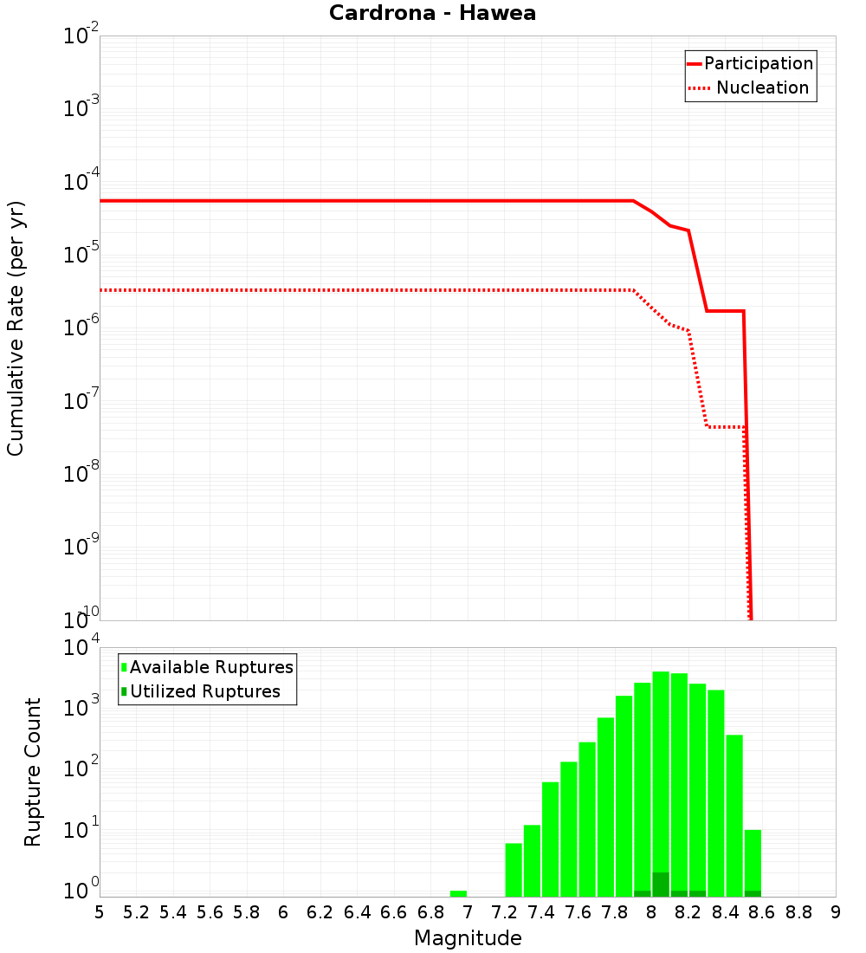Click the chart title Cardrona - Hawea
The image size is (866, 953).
(432, 14)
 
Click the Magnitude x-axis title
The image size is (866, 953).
(468, 938)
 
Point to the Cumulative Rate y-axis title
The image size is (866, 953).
(16, 327)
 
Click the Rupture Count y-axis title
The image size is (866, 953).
(33, 771)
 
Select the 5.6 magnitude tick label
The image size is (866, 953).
(210, 912)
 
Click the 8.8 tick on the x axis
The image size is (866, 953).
(798, 912)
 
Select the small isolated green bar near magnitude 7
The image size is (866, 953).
(458, 893)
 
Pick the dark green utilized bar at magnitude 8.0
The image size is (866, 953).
(661, 885)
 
